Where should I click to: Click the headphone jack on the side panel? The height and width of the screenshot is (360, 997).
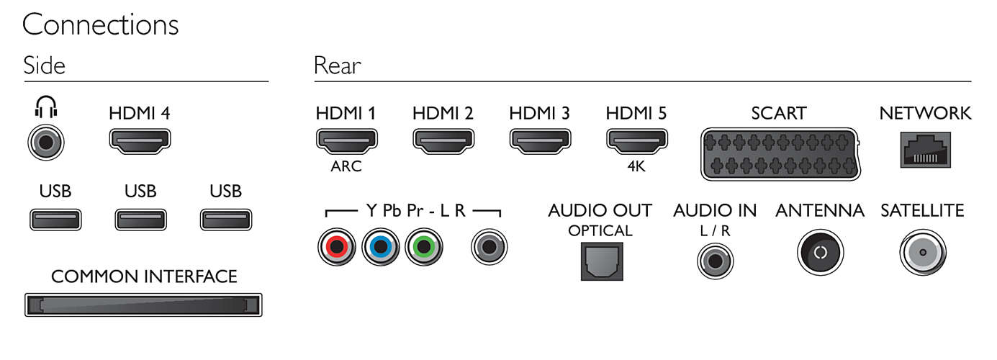[46, 143]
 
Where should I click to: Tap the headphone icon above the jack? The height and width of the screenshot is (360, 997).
[46, 107]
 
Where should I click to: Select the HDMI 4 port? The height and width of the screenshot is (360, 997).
[140, 142]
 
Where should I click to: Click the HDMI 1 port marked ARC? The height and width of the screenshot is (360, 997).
[347, 142]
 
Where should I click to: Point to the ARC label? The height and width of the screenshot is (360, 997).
[346, 166]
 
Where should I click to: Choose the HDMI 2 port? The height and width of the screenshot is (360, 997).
[443, 142]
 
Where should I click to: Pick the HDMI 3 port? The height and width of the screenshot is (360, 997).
[540, 142]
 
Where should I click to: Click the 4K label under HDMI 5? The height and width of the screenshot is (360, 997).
[636, 166]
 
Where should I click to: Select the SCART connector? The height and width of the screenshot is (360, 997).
[780, 154]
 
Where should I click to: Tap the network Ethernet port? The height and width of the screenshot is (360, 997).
[925, 150]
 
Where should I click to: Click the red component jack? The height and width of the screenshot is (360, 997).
[337, 246]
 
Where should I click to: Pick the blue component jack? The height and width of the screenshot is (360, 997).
[380, 246]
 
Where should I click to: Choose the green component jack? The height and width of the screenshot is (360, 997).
[424, 246]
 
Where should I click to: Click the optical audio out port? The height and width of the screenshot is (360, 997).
[602, 261]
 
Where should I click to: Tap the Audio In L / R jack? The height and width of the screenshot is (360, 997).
[716, 261]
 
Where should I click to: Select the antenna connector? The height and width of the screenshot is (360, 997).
[821, 252]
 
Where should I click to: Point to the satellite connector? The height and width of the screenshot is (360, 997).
[923, 252]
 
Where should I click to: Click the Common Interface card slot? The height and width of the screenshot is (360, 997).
[143, 305]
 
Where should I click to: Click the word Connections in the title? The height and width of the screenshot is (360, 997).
[101, 25]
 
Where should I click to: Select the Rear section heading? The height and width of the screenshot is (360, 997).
[338, 66]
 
